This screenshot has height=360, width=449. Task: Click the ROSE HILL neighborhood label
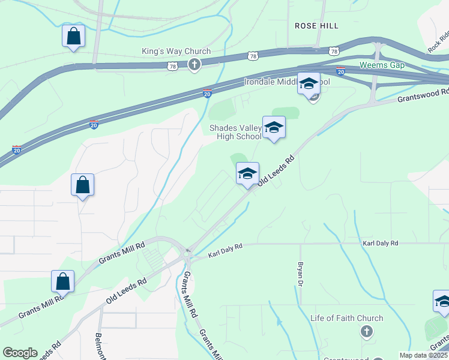316,26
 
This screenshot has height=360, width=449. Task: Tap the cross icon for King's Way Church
193,65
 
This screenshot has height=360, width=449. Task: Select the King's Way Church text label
176,52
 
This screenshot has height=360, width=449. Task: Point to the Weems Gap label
382,65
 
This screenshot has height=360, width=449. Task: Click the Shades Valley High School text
235,132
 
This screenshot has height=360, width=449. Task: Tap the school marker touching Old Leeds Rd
247,173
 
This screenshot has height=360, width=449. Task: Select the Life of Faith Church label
346,318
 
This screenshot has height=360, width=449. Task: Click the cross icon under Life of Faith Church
366,331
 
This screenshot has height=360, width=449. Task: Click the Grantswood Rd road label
423,95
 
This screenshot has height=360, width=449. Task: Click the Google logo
20,353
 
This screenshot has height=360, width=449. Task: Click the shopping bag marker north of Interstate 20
73,36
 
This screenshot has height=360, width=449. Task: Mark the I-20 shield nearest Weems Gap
340,71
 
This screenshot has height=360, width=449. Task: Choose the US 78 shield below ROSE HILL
333,51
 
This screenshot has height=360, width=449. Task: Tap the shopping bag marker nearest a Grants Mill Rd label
63,281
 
